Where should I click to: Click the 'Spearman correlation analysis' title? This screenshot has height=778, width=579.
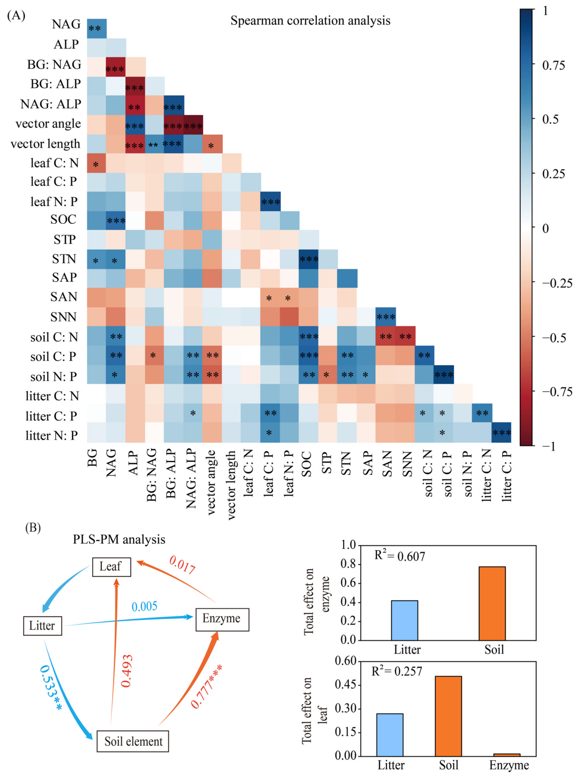click(310, 21)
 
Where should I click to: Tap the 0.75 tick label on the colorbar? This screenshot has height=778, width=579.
click(553, 65)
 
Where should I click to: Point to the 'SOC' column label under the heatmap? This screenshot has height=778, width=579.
click(306, 464)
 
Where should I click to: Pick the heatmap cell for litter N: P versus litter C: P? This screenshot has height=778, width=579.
click(501, 432)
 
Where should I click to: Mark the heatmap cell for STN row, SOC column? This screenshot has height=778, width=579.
click(308, 259)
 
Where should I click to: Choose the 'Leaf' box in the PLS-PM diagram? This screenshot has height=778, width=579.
click(111, 566)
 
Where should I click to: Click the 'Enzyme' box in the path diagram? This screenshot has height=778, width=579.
click(222, 619)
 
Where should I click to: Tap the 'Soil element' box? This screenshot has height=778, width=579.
click(133, 741)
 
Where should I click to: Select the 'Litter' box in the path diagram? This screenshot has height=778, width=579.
click(42, 626)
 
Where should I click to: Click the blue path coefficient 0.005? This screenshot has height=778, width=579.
click(144, 606)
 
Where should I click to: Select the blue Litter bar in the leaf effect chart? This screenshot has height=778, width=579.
click(390, 735)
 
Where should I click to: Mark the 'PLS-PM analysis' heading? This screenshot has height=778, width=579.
click(119, 539)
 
